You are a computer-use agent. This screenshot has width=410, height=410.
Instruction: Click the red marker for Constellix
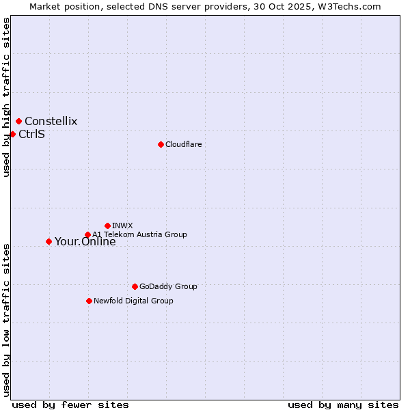tap(18, 122)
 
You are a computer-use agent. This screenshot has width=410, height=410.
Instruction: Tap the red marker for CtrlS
tap(12, 134)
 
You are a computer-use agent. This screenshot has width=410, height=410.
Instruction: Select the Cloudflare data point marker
tap(161, 144)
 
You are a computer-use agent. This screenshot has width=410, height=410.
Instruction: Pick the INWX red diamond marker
tap(107, 225)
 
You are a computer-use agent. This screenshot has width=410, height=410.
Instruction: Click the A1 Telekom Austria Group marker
tap(87, 235)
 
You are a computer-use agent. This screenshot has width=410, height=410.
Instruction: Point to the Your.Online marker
tap(49, 241)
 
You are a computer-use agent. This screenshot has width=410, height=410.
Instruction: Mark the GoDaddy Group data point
tap(135, 286)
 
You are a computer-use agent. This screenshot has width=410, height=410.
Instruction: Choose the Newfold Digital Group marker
tap(89, 301)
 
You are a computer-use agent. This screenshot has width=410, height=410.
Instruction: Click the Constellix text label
tap(51, 122)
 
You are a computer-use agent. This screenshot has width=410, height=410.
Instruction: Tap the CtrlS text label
tap(32, 134)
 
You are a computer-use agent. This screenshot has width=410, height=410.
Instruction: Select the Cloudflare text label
tap(184, 144)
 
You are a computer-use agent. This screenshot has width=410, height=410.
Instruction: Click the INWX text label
tap(122, 225)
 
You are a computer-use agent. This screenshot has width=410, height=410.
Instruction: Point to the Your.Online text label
tap(85, 241)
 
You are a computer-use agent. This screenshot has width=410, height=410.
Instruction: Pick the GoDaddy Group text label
tap(168, 286)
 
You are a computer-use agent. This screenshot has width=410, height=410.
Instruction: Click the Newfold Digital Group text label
tap(133, 301)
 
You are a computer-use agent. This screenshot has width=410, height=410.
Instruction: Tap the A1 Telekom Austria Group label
tap(140, 234)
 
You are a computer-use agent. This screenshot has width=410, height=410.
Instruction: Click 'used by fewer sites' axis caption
tap(70, 405)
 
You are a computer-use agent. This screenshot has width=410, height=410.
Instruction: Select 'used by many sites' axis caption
tap(343, 405)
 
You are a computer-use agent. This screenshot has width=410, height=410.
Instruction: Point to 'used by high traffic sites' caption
tap(6, 98)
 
